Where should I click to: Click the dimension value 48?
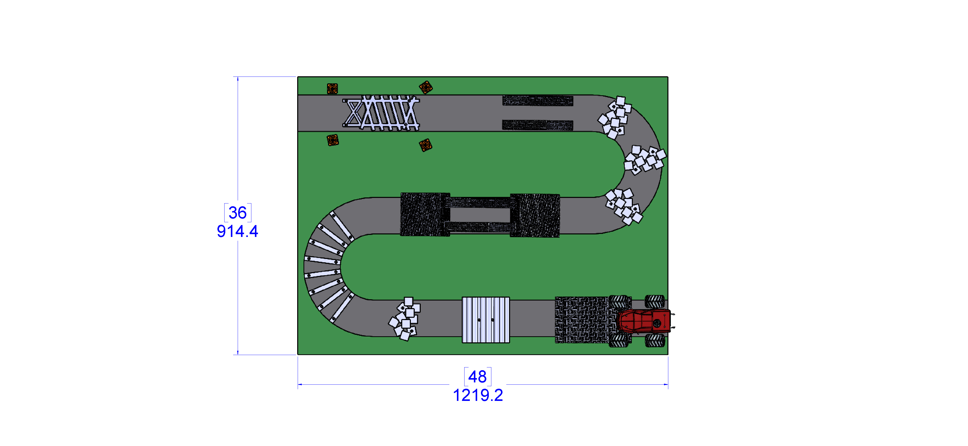click(477, 376)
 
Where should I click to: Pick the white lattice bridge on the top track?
click(381, 113)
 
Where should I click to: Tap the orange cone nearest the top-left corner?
click(332, 89)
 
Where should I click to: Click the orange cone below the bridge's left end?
click(333, 140)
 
